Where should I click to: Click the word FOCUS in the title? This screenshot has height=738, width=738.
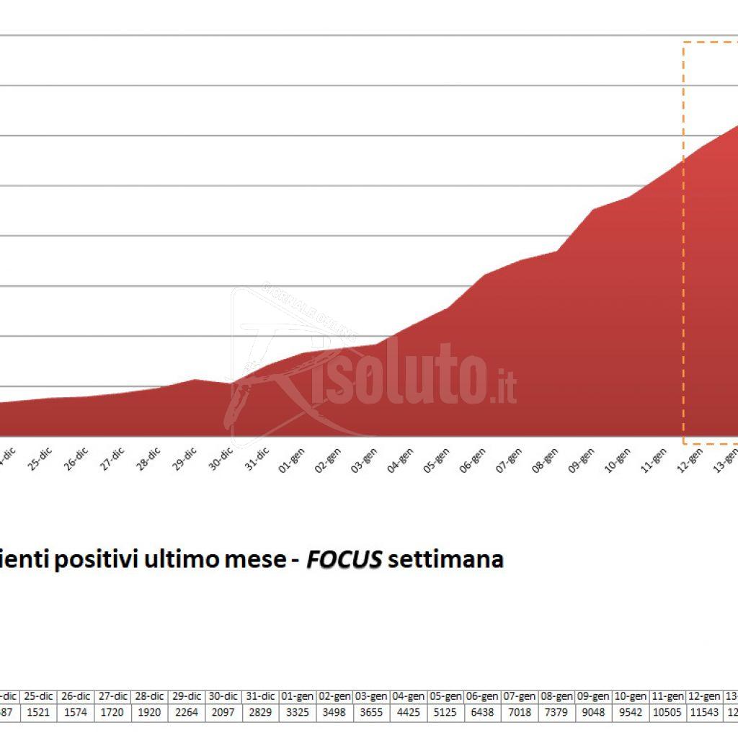(344, 559)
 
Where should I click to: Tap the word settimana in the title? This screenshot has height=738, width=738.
(445, 559)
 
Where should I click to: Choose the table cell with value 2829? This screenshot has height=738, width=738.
(260, 711)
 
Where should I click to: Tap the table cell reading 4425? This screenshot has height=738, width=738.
(408, 711)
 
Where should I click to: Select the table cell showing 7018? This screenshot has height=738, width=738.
(519, 711)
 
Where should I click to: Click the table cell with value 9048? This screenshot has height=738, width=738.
(593, 711)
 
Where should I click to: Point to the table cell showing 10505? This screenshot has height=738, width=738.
(667, 711)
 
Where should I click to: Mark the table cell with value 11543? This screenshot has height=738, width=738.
(703, 711)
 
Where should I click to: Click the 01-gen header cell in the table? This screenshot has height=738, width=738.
(297, 697)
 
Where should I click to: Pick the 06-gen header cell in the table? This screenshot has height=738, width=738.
(482, 697)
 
